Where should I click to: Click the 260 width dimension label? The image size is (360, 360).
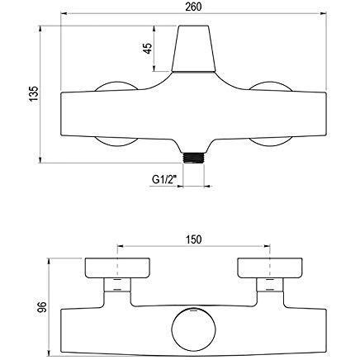[193, 7]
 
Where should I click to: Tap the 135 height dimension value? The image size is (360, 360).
[34, 93]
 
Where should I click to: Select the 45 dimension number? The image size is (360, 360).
[148, 48]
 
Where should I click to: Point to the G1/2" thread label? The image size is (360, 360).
[164, 180]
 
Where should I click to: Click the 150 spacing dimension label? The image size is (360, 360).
[193, 239]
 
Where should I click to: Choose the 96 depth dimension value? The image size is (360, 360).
[42, 306]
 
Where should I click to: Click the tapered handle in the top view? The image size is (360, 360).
[193, 49]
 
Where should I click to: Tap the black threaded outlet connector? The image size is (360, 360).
[193, 158]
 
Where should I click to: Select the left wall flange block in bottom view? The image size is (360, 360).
[117, 268]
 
